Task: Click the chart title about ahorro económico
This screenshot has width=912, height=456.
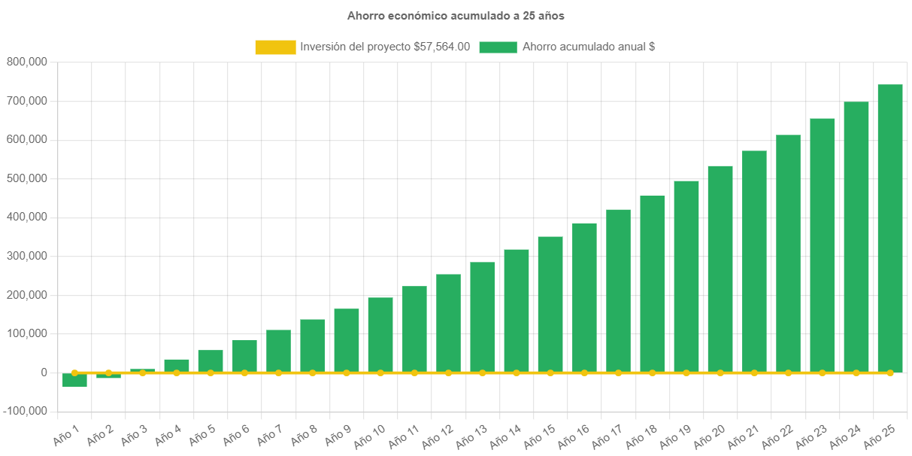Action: coord(456,15)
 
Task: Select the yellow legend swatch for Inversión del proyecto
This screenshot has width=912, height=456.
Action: coord(275,47)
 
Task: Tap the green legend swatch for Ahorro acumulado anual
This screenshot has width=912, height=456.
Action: coord(498,47)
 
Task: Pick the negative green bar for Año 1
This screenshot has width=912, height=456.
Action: coord(74,380)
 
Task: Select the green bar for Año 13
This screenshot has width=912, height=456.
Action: coord(483,317)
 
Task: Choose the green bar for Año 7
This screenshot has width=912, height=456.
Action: coord(278,351)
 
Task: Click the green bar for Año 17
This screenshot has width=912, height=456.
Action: coord(618,290)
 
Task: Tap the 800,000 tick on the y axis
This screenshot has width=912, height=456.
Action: coord(27,62)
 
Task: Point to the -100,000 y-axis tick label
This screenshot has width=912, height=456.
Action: coord(25,411)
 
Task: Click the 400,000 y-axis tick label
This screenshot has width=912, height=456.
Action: coord(27,217)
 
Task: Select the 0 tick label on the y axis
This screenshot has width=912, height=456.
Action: coord(44,372)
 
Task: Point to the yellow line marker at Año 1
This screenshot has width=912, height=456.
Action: coord(74,372)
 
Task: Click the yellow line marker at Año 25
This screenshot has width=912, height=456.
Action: coord(890,372)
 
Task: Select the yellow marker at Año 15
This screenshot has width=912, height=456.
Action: coord(550,372)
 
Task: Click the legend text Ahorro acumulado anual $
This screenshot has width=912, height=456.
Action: coord(588,47)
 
